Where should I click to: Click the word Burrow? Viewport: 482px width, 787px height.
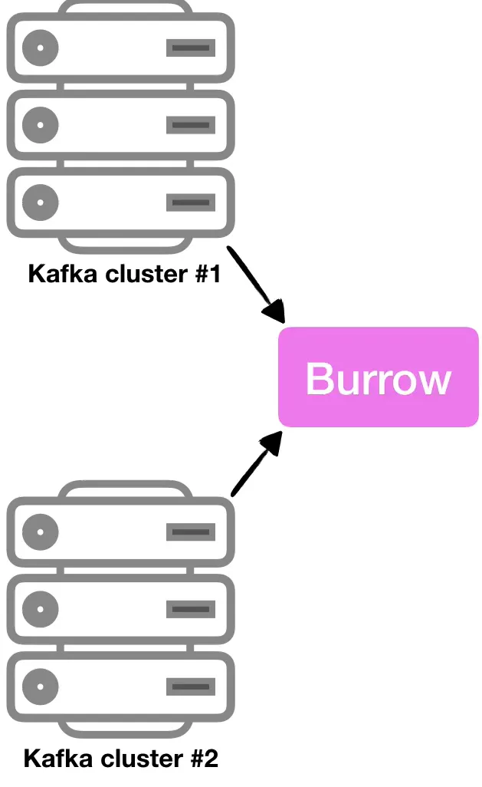pyautogui.click(x=378, y=378)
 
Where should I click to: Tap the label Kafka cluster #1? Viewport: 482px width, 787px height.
pyautogui.click(x=124, y=274)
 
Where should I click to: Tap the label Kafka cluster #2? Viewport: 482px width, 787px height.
pyautogui.click(x=121, y=759)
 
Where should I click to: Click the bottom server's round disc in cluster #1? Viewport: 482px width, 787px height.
pyautogui.click(x=40, y=203)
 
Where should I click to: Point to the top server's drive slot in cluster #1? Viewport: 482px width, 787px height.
pyautogui.click(x=190, y=48)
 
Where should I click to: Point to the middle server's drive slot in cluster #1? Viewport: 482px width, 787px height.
pyautogui.click(x=190, y=125)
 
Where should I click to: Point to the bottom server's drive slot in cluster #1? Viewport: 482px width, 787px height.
pyautogui.click(x=190, y=203)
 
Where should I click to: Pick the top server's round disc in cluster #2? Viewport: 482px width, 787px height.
pyautogui.click(x=40, y=532)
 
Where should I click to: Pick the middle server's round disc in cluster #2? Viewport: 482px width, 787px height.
pyautogui.click(x=40, y=609)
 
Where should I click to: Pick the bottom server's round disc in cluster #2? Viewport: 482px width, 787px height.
pyautogui.click(x=40, y=686)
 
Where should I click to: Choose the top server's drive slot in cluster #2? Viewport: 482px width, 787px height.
pyautogui.click(x=190, y=532)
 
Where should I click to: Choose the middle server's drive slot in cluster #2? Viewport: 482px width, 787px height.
pyautogui.click(x=190, y=609)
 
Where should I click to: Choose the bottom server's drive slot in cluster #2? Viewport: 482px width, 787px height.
pyautogui.click(x=190, y=686)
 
